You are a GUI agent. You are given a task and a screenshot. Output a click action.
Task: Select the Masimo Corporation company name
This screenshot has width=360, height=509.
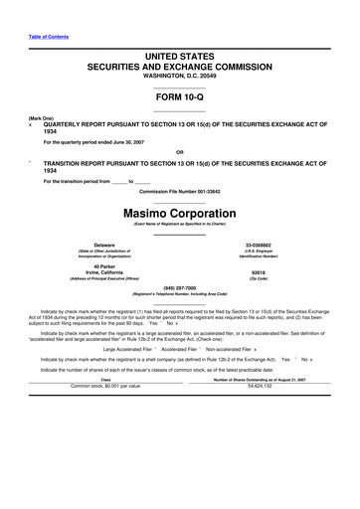pyautogui.click(x=179, y=213)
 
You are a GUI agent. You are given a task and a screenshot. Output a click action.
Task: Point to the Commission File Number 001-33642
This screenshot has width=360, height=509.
pyautogui.click(x=179, y=191)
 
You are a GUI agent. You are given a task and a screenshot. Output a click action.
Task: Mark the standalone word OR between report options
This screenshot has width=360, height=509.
pyautogui.click(x=179, y=152)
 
